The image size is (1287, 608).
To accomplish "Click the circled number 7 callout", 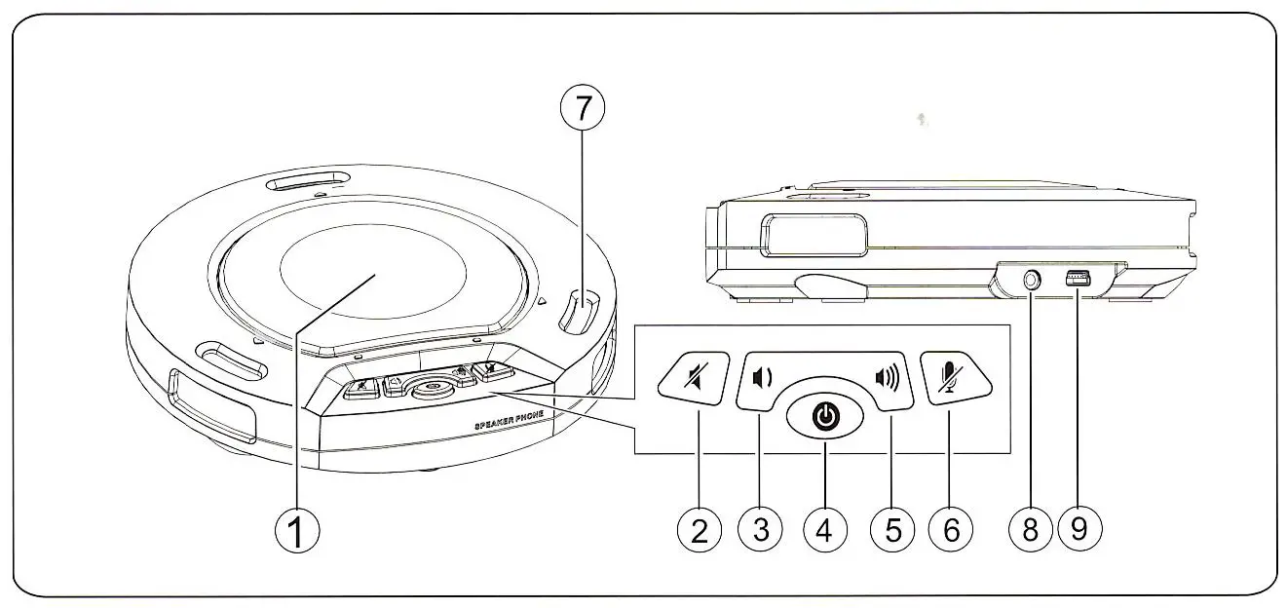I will pyautogui.click(x=583, y=109).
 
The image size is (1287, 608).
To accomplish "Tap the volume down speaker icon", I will pyautogui.click(x=763, y=376).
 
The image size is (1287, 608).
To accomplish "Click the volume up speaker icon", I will pyautogui.click(x=886, y=376).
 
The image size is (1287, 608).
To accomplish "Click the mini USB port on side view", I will pyautogui.click(x=1079, y=280).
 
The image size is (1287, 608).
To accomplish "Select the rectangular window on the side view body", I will pyautogui.click(x=814, y=235).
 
